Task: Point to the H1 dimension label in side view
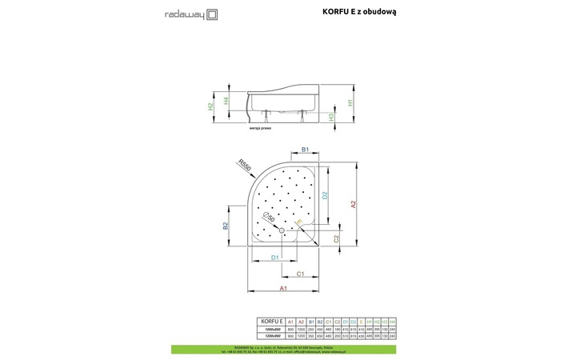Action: coord(350,102)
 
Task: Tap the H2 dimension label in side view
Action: coord(210,106)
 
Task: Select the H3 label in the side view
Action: coord(331,116)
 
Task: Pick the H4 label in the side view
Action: coord(226,101)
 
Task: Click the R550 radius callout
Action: coord(245,164)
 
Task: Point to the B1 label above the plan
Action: coord(305,150)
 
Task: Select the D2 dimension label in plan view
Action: coord(326,195)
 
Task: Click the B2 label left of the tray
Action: coord(226,226)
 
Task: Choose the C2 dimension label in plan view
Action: coord(337,238)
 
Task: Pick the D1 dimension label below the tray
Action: coord(274,257)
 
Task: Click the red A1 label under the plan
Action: coord(283,288)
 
